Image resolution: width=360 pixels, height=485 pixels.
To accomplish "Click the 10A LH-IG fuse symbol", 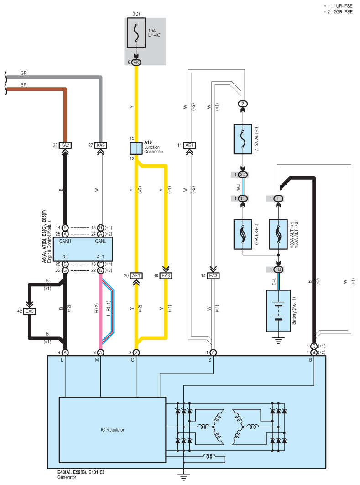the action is (136, 33).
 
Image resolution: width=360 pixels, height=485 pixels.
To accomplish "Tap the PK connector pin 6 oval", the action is (136, 63).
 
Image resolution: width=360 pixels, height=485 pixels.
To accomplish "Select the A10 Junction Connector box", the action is (136, 148).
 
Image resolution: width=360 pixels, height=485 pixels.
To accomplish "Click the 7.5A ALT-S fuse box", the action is (243, 139).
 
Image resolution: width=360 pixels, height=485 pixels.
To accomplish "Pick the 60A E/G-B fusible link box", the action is (243, 234).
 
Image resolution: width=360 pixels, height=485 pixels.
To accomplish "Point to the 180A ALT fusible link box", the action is (278, 234).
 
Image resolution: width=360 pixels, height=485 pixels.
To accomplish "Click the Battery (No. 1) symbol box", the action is (278, 311).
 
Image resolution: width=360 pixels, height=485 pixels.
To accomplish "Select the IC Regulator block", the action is (113, 430).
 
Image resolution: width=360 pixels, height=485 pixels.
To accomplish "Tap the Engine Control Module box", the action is (83, 249).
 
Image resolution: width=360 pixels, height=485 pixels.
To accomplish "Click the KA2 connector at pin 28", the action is (65, 145).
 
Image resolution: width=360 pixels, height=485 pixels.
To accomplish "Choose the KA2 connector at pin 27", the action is (101, 145).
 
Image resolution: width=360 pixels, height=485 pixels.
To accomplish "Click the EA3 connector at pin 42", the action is (30, 311).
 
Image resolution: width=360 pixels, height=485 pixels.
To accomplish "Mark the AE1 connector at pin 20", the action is (136, 275).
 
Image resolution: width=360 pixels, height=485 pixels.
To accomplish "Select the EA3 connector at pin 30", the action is (166, 275).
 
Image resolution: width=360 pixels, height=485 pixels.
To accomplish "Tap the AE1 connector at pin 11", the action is (189, 145).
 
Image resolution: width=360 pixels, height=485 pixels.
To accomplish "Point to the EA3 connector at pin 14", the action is (213, 275).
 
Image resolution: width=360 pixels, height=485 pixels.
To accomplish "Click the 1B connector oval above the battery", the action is (278, 270).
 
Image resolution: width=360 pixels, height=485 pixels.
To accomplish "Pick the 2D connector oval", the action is (243, 175).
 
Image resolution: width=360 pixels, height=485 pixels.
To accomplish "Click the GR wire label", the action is (23, 74).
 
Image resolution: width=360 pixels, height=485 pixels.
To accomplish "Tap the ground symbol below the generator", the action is (183, 477).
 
